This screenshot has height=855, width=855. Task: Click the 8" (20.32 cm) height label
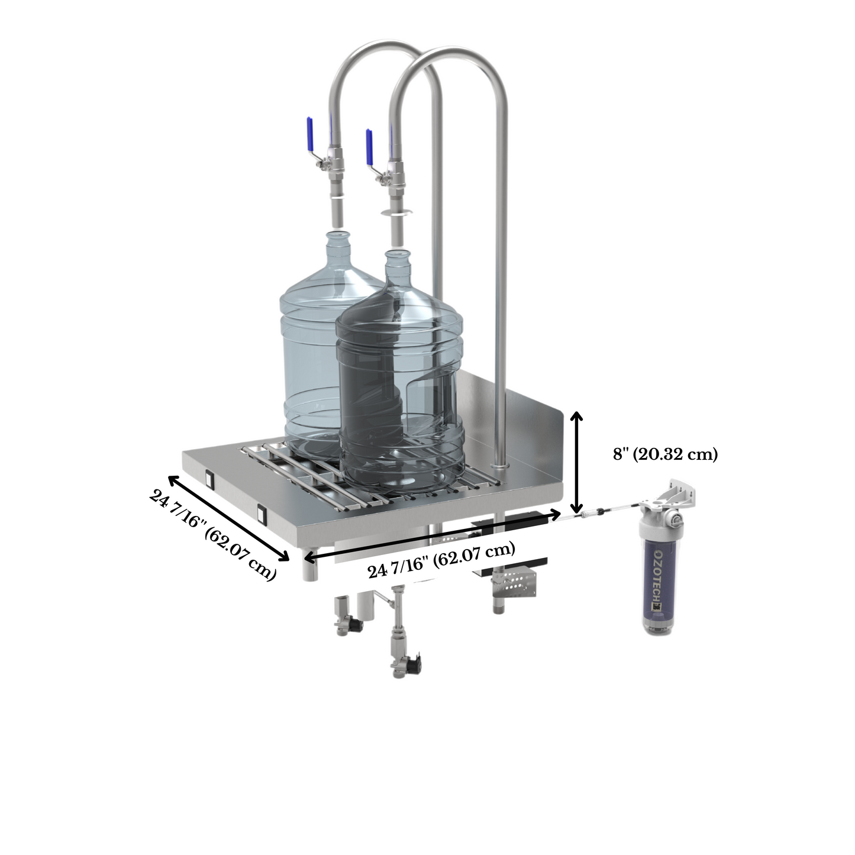tap(665, 454)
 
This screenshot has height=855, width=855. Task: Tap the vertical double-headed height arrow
tap(576, 462)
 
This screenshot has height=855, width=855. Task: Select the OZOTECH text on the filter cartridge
tap(659, 575)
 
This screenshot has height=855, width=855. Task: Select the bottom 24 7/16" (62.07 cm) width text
tap(441, 560)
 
